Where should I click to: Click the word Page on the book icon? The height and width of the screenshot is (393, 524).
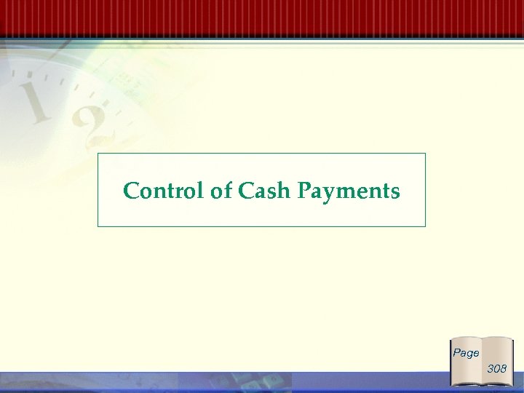click(x=466, y=353)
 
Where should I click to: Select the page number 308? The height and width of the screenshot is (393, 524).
click(x=497, y=369)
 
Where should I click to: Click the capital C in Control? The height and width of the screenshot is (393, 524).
click(x=132, y=191)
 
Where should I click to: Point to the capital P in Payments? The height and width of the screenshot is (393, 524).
click(x=305, y=191)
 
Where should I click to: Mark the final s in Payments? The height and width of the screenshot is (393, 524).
click(x=394, y=192)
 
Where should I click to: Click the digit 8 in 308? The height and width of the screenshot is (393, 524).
click(x=503, y=369)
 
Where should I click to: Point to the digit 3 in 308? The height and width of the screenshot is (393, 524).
click(x=491, y=369)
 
